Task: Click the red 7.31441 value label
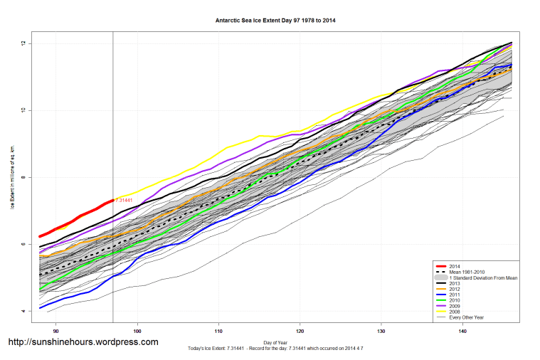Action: click(x=125, y=201)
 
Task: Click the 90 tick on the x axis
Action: click(x=56, y=330)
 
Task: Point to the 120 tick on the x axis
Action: click(x=300, y=330)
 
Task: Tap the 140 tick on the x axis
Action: click(x=463, y=330)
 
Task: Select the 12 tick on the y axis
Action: click(x=23, y=43)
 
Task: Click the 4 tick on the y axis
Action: click(x=23, y=311)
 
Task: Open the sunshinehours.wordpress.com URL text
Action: click(x=83, y=342)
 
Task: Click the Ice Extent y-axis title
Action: click(x=12, y=177)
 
